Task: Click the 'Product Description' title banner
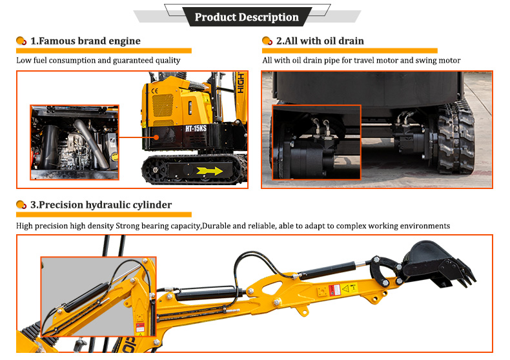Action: tap(247, 17)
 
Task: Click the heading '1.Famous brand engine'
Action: tap(85, 41)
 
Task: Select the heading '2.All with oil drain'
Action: tap(320, 41)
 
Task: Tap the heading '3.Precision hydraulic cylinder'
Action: tap(101, 205)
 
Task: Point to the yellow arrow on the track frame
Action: tap(210, 171)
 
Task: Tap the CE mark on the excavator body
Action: tap(155, 92)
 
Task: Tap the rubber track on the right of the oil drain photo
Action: tap(455, 139)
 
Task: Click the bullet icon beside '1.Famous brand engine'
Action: tap(21, 41)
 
